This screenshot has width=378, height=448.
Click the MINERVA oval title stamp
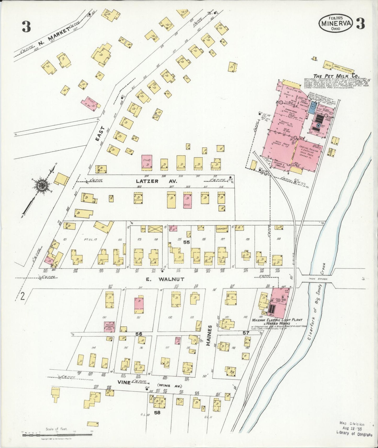(x=336, y=24)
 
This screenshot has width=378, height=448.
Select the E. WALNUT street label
(x=165, y=279)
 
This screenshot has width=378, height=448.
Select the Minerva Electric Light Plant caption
(x=277, y=320)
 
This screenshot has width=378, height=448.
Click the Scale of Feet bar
(x=57, y=435)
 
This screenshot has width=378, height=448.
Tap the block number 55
(x=186, y=242)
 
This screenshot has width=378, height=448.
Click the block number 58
(x=157, y=413)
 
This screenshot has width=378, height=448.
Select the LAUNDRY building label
(x=222, y=228)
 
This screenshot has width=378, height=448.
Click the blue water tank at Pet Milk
(x=313, y=107)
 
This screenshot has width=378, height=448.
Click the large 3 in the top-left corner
(x=26, y=26)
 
